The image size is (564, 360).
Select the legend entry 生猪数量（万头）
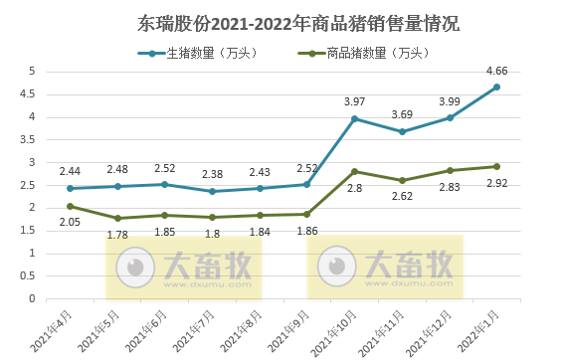pos(206,54)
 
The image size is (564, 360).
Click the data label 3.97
pos(355,102)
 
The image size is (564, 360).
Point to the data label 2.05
pos(69,224)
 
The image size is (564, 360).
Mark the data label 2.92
pos(496,184)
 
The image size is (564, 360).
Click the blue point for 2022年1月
pos(496,87)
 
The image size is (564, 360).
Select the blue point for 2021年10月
pos(355,118)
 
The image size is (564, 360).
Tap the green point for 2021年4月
pos(69,206)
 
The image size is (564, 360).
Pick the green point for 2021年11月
pos(402,180)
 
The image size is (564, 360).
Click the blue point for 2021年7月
pos(212,191)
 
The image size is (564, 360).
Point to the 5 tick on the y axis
pos(32,72)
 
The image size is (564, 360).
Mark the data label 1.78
pos(116,235)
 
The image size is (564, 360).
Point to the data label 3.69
pos(402,115)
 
